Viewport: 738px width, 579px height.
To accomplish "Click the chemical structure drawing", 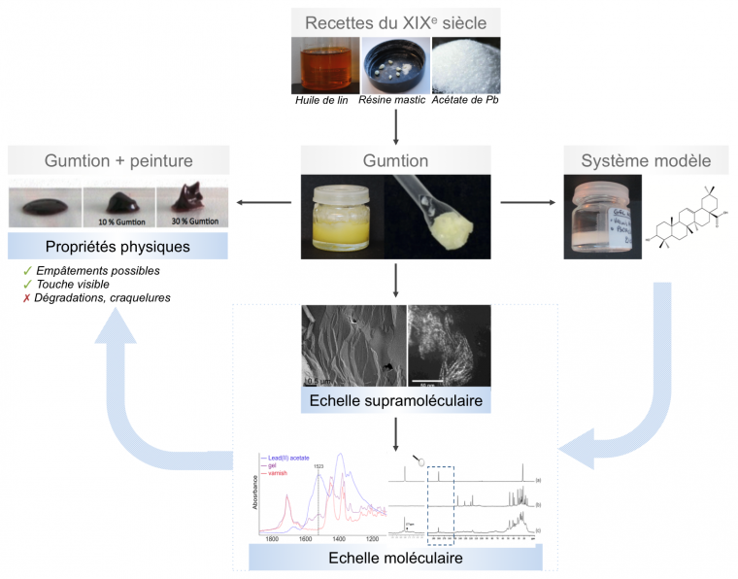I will tap(688, 222).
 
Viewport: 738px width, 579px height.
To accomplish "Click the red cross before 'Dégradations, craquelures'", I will tap(26, 298).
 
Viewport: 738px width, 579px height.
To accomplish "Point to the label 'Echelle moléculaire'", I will tap(396, 558).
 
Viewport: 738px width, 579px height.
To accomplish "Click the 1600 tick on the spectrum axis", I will tap(305, 538).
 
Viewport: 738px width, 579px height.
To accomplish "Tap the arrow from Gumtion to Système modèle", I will tap(528, 203).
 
